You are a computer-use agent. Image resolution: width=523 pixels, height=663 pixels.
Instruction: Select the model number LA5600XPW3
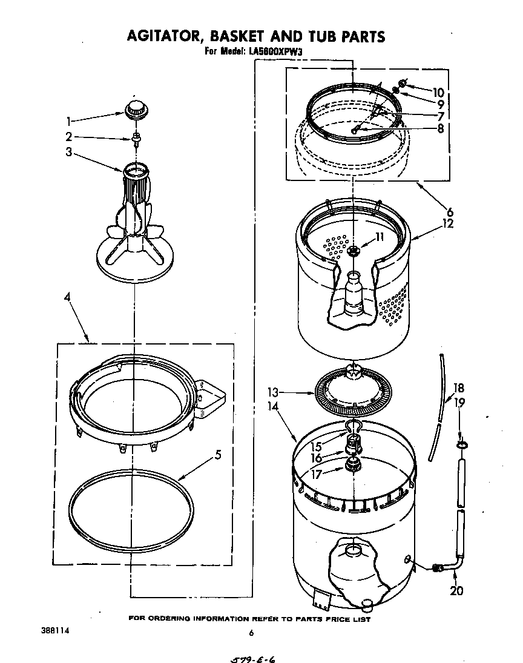(x=275, y=52)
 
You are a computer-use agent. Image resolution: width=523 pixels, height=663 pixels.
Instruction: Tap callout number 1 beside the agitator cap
(x=69, y=120)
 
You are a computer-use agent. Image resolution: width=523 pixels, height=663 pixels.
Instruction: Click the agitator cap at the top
(x=136, y=110)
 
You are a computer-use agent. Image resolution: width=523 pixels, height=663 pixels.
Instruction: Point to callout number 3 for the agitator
(x=69, y=153)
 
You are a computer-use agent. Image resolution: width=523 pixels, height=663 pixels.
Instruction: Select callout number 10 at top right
(x=438, y=93)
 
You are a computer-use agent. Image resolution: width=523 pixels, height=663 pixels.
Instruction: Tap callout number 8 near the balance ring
(x=440, y=128)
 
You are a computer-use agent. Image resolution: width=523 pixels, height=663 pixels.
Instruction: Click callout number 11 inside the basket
(x=379, y=237)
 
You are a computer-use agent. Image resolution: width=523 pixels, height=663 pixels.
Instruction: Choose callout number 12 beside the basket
(x=447, y=223)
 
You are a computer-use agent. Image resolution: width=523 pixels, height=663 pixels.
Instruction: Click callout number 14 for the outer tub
(x=273, y=407)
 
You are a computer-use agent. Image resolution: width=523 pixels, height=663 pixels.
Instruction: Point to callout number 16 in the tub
(x=317, y=458)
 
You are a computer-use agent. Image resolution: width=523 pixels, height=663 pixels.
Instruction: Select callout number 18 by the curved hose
(x=458, y=388)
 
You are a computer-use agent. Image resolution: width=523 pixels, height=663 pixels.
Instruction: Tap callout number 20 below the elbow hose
(x=456, y=590)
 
